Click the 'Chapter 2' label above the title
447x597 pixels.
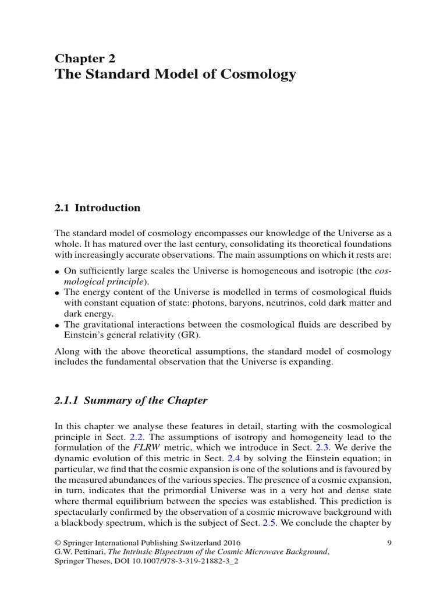coord(85,58)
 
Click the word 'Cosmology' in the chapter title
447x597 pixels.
coord(260,75)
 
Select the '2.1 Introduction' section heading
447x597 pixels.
coord(97,208)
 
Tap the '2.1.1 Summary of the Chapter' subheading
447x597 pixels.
coord(131,401)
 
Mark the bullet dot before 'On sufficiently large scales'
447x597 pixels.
coord(58,272)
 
